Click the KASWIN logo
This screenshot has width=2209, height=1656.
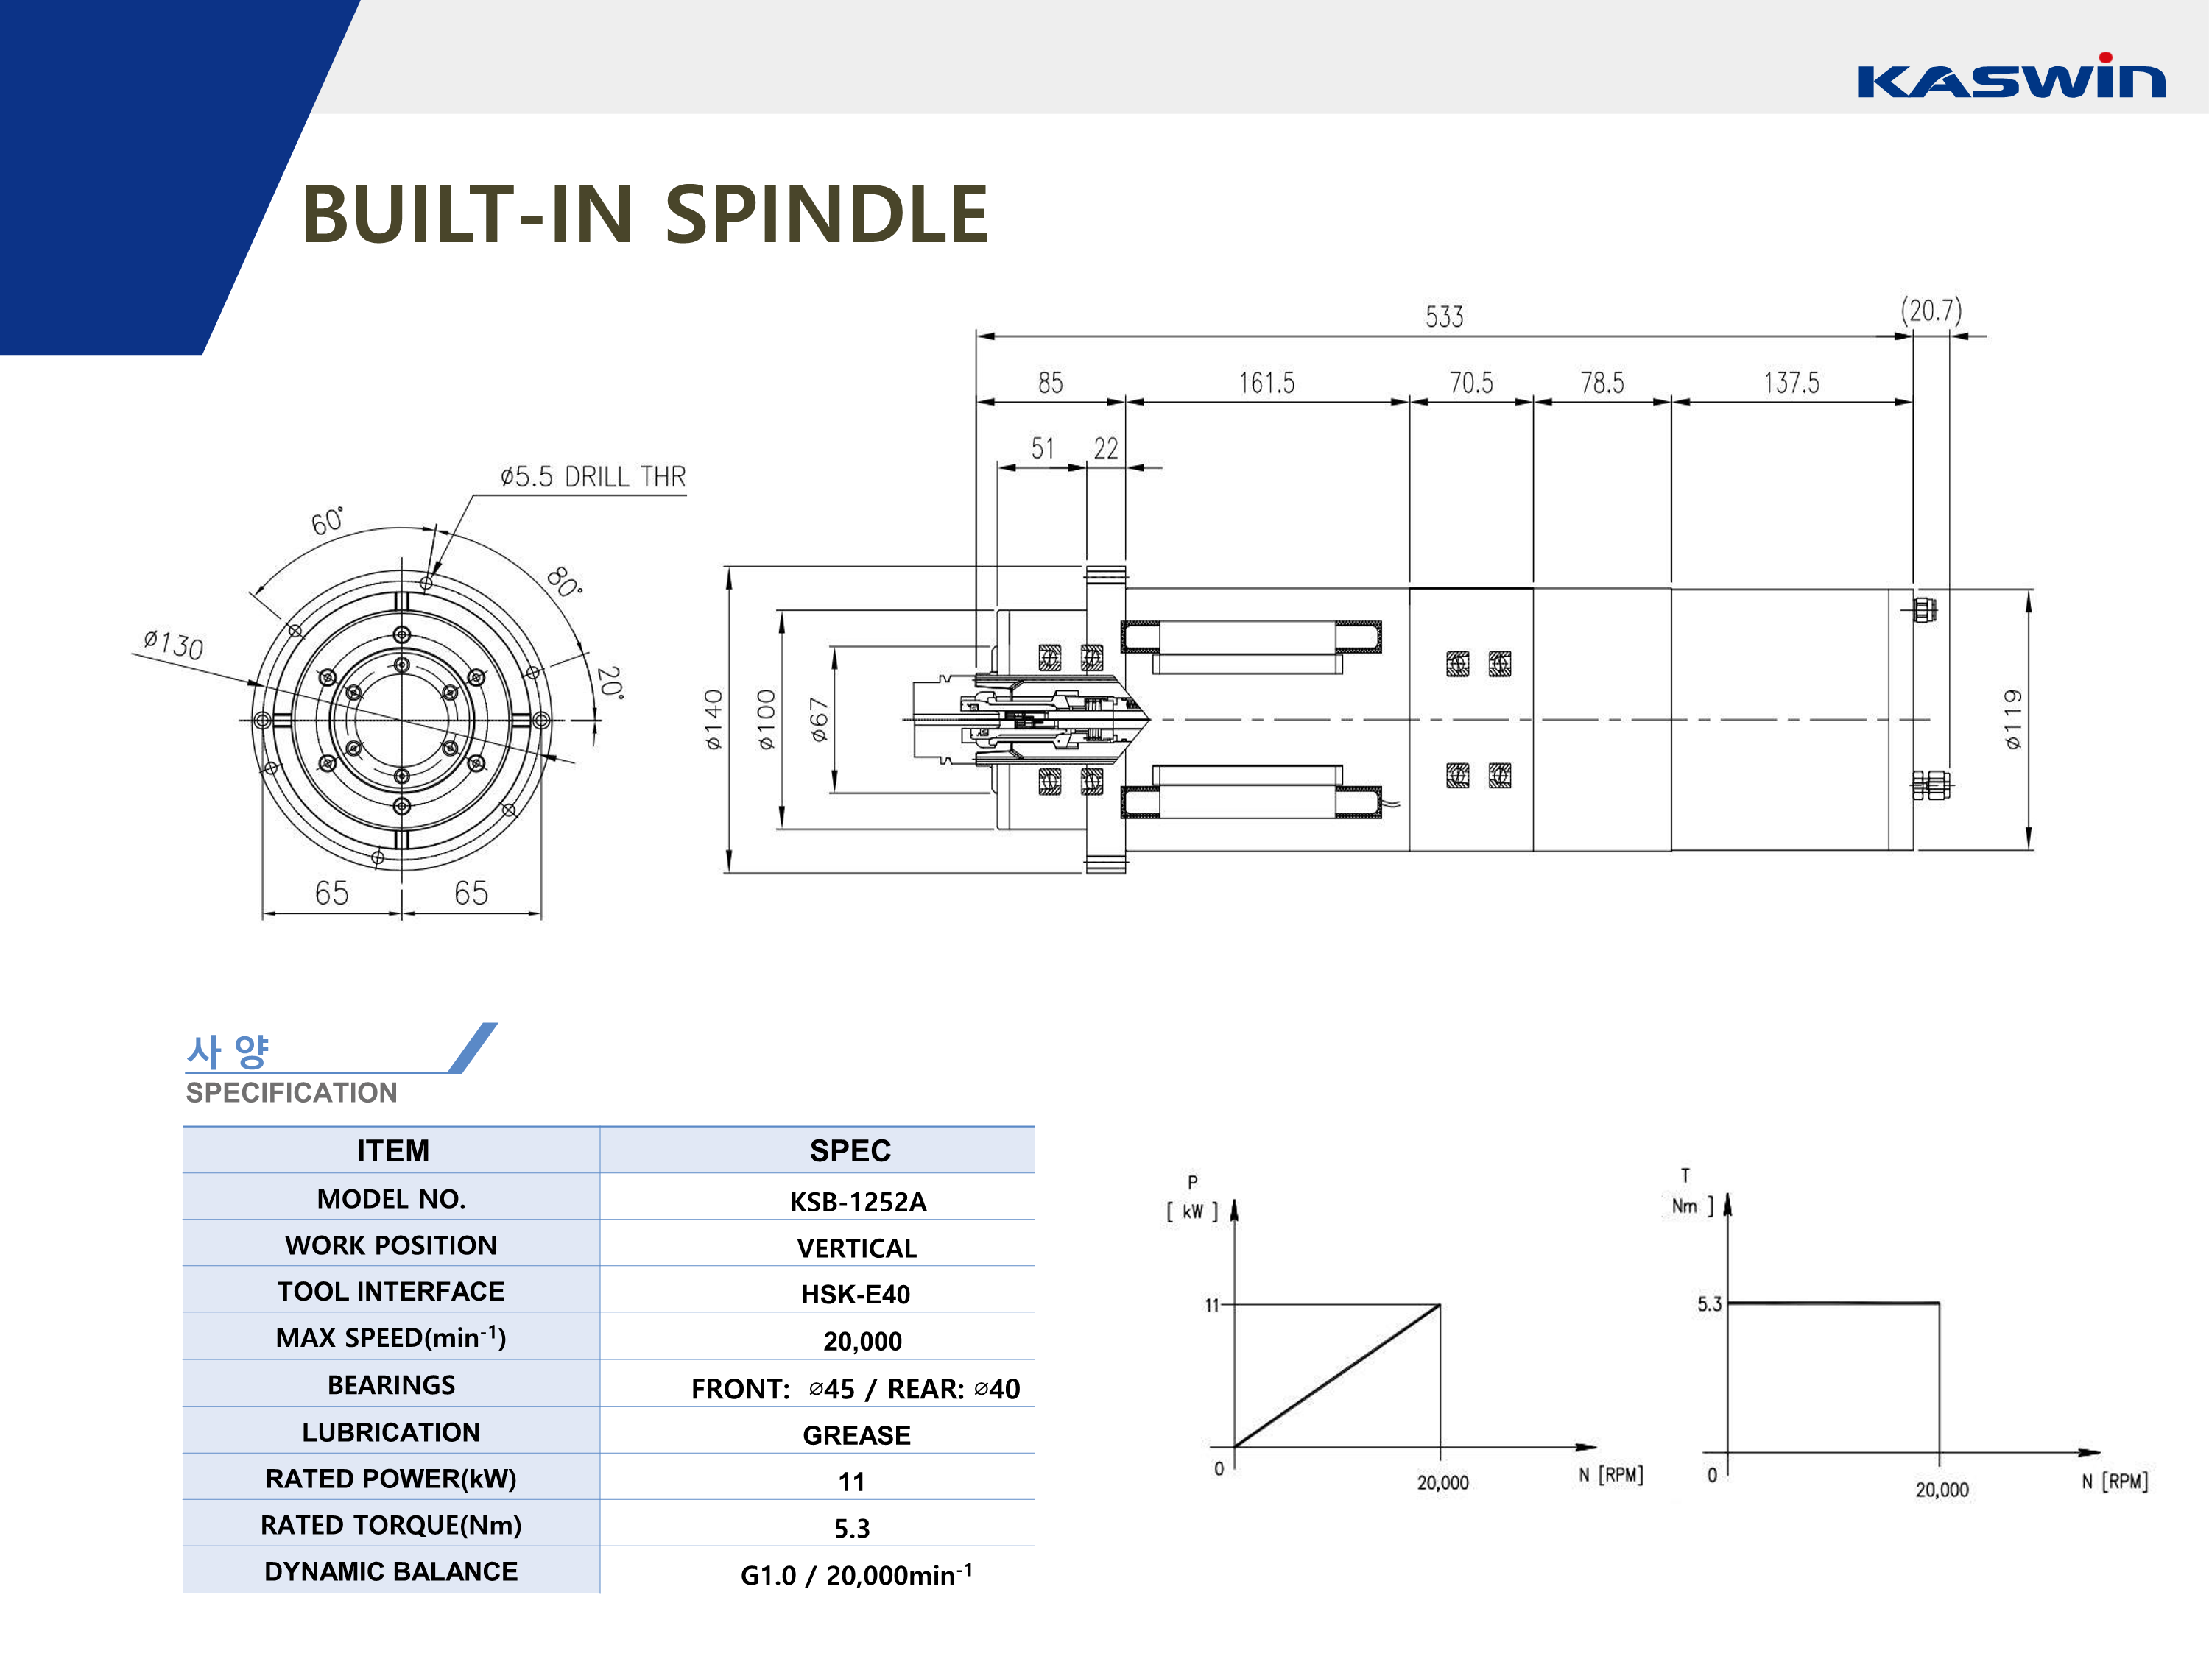pyautogui.click(x=2009, y=78)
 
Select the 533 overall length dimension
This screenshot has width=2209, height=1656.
pyautogui.click(x=1444, y=317)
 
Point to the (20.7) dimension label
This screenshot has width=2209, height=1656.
pyautogui.click(x=1931, y=311)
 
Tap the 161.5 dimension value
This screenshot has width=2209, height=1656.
pyautogui.click(x=1266, y=383)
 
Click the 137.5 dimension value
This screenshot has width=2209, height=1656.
pyautogui.click(x=1791, y=383)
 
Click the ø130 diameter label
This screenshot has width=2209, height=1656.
pyautogui.click(x=174, y=645)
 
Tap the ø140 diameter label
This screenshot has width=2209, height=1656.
pyautogui.click(x=713, y=718)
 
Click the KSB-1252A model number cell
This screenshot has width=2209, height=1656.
pyautogui.click(x=858, y=1202)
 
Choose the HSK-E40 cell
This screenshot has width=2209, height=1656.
pyautogui.click(x=855, y=1295)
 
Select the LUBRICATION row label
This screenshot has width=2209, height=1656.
pyautogui.click(x=390, y=1432)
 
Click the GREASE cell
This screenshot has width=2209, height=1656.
pyautogui.click(x=856, y=1435)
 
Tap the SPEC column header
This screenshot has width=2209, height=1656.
pyautogui.click(x=850, y=1151)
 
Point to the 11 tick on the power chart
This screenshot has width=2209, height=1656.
pyautogui.click(x=1211, y=1305)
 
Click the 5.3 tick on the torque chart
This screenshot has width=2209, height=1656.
pyautogui.click(x=1709, y=1303)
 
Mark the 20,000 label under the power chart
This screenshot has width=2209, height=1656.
pyautogui.click(x=1442, y=1482)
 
